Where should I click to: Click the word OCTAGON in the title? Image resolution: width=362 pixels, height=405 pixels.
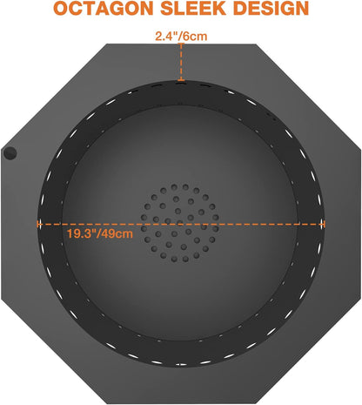click(x=104, y=9)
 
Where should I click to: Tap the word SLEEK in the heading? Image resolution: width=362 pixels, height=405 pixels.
click(x=193, y=9)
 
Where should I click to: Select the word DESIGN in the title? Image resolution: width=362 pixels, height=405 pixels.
click(x=271, y=9)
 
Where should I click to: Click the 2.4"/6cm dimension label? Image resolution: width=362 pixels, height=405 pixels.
click(x=181, y=37)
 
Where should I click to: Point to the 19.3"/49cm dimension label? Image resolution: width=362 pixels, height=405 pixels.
click(x=100, y=233)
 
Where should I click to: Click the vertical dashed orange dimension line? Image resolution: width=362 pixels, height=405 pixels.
click(x=181, y=62)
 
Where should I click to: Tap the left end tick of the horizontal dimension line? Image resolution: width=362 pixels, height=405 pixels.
click(x=38, y=224)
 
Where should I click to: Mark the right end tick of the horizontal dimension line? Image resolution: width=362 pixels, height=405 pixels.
click(x=324, y=224)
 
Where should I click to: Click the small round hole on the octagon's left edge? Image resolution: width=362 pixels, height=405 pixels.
click(x=10, y=153)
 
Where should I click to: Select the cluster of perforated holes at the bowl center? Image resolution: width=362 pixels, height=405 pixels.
click(x=180, y=223)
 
